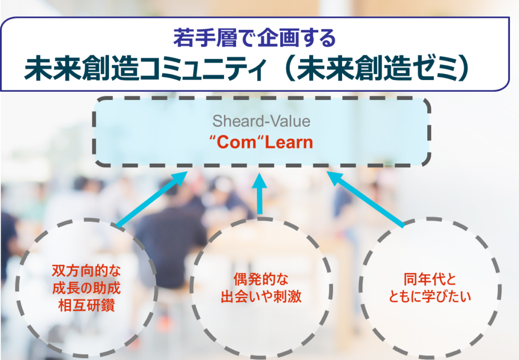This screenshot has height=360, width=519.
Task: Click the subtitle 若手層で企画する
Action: [254, 38]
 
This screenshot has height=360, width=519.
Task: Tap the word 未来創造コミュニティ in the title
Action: [145, 68]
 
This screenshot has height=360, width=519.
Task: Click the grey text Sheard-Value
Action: [261, 121]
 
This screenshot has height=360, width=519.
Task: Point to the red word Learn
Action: [288, 142]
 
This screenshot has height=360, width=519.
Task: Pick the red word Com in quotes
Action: [236, 142]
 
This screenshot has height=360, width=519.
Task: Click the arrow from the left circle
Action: [152, 200]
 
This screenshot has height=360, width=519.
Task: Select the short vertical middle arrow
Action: [259, 194]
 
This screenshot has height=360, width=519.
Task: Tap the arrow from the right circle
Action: [365, 199]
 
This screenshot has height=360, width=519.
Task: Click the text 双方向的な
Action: [86, 271]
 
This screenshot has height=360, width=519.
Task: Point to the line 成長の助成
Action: [86, 288]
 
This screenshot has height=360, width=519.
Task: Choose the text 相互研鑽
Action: [86, 305]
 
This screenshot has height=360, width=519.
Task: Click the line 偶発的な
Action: [261, 279]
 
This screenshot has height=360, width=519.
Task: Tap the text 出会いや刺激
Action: [261, 297]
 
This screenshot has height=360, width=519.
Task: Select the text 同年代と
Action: [430, 279]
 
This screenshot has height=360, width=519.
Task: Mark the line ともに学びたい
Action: [430, 297]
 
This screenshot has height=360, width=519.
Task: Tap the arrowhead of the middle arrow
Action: [259, 181]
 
